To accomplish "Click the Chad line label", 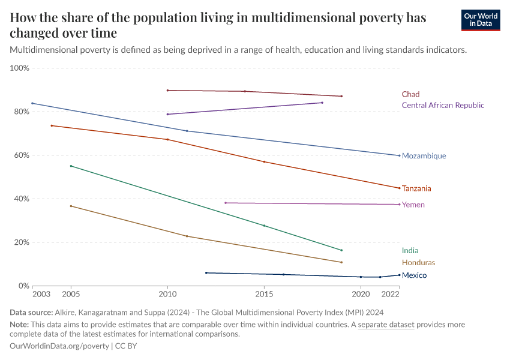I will [410, 94].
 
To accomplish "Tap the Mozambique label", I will [424, 156].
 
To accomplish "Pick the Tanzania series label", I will [416, 188].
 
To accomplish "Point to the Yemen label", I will [413, 205].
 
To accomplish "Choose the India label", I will [410, 251].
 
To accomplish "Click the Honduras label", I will [418, 263].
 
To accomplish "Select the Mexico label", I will [414, 275].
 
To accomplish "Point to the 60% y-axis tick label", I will [22, 155].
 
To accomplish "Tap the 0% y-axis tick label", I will [24, 286].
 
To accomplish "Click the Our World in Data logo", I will [480, 20].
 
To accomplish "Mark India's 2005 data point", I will [71, 166].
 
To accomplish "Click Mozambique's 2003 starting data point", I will [32, 103].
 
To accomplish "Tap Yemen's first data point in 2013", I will [226, 203].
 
